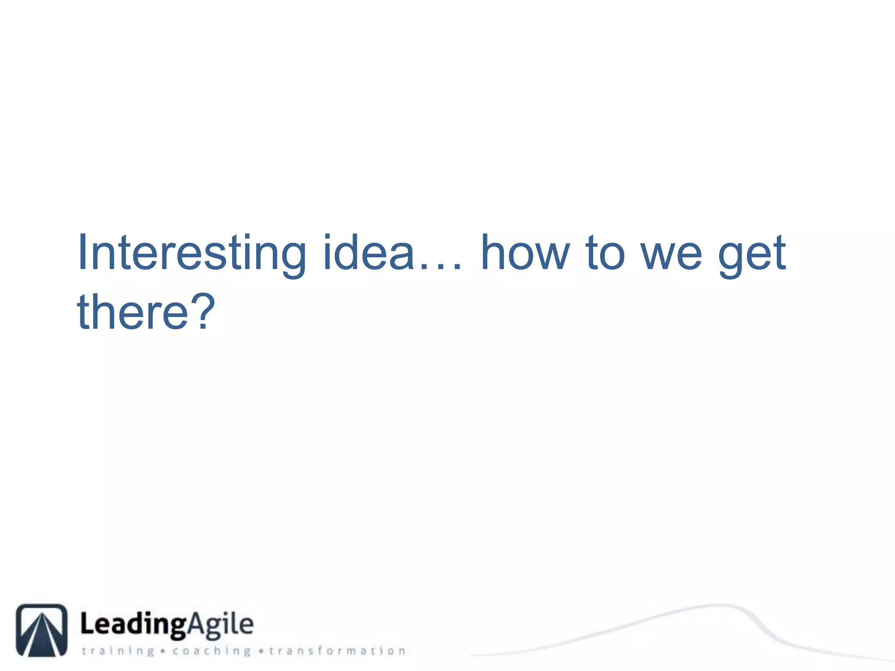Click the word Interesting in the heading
click(191, 253)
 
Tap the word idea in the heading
click(368, 253)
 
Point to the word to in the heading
click(606, 253)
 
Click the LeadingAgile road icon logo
click(42, 630)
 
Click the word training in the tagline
click(118, 651)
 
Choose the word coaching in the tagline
click(212, 651)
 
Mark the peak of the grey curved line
click(719, 605)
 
